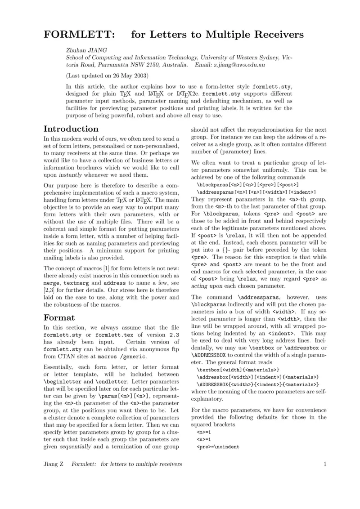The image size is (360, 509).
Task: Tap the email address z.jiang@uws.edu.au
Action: tap(239, 65)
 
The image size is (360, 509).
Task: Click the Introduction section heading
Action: tap(71, 129)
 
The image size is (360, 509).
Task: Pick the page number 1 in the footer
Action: tap(324, 464)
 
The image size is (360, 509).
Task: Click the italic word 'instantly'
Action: tap(73, 175)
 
